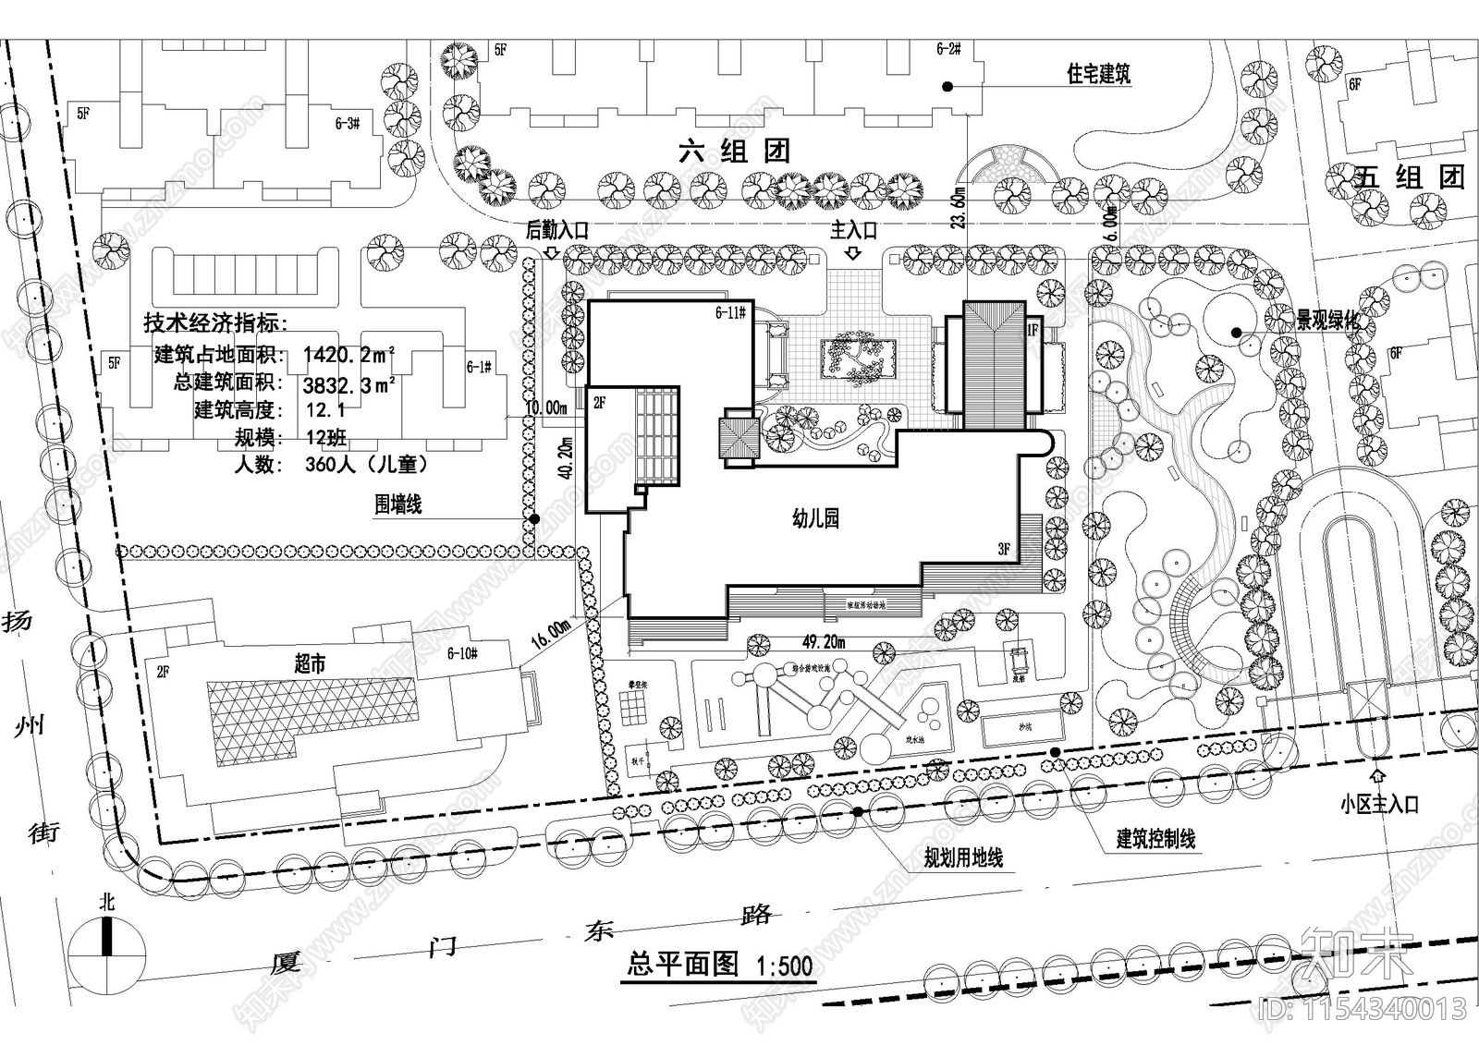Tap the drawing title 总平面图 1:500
point(719,966)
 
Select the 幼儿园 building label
point(815,518)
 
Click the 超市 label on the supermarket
point(310,663)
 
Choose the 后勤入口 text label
point(556,230)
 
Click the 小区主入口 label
point(1379,805)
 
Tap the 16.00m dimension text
point(551,634)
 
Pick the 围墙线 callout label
point(398,504)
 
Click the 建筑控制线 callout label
point(1155,839)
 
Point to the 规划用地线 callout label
point(963,858)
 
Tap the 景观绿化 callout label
point(1327,321)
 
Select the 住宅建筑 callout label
point(1099,74)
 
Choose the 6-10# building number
point(462,654)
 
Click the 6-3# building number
point(346,123)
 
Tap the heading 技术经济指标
point(216,323)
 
